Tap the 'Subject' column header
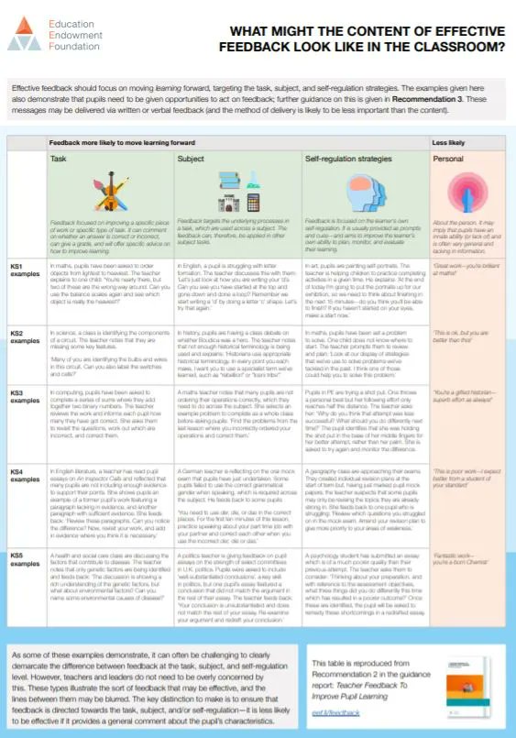pos(192,158)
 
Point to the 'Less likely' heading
pos(448,144)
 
